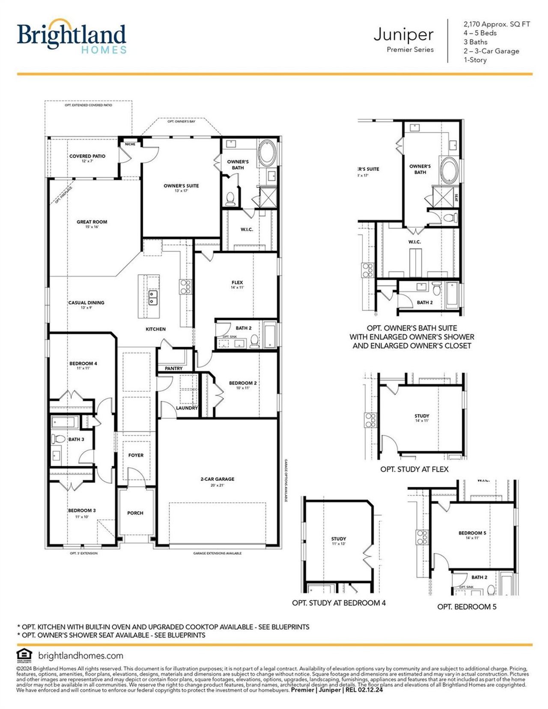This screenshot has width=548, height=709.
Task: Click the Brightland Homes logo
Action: pos(71,38)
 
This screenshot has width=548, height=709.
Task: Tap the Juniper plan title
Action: pos(403,34)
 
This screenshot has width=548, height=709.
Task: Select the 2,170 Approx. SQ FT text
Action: pos(497,24)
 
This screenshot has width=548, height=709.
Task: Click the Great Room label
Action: pos(92,222)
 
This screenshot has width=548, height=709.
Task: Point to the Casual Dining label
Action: pos(86,303)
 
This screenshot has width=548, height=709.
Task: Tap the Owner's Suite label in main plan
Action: pos(181,186)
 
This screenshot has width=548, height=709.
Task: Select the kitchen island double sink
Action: pos(153,297)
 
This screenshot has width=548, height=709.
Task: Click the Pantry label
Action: pos(173,368)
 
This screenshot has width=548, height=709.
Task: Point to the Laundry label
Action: pos(187,408)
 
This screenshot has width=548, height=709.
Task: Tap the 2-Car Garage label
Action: pos(217,479)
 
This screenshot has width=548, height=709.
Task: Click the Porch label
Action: pos(135,513)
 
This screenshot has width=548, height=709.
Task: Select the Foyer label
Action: pos(136,455)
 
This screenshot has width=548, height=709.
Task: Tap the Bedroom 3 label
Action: pos(82,510)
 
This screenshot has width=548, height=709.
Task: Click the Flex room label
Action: pos(237,283)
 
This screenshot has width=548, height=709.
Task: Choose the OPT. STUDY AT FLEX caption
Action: pos(414,469)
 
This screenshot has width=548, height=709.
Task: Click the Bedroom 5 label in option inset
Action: pos(472,533)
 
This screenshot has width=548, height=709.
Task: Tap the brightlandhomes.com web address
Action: pos(80,655)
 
